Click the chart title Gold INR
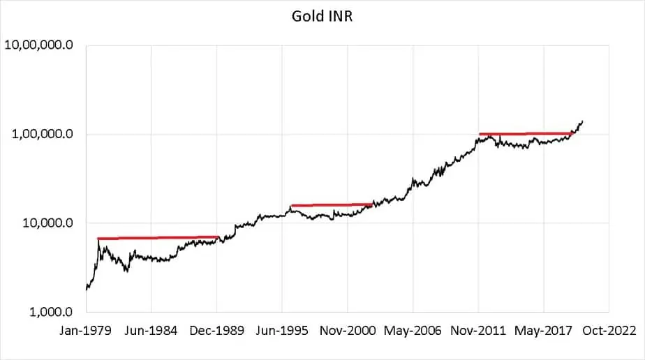[x=322, y=15]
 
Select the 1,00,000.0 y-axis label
[x=43, y=135]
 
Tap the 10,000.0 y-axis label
[x=47, y=223]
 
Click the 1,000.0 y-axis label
[x=50, y=312]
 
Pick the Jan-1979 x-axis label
[x=85, y=330]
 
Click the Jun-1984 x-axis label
[x=151, y=330]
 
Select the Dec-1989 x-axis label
[x=216, y=330]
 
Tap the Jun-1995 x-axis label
[x=282, y=330]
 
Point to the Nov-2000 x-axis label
[x=348, y=330]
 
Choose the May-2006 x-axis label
[x=413, y=330]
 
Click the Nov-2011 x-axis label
[x=479, y=330]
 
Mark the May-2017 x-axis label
[x=544, y=330]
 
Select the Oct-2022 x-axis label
[x=609, y=330]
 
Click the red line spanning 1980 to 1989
[x=158, y=238]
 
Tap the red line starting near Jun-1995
[x=332, y=205]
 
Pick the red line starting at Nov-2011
[x=526, y=133]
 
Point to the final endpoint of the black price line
[x=583, y=121]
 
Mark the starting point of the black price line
[x=86, y=288]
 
